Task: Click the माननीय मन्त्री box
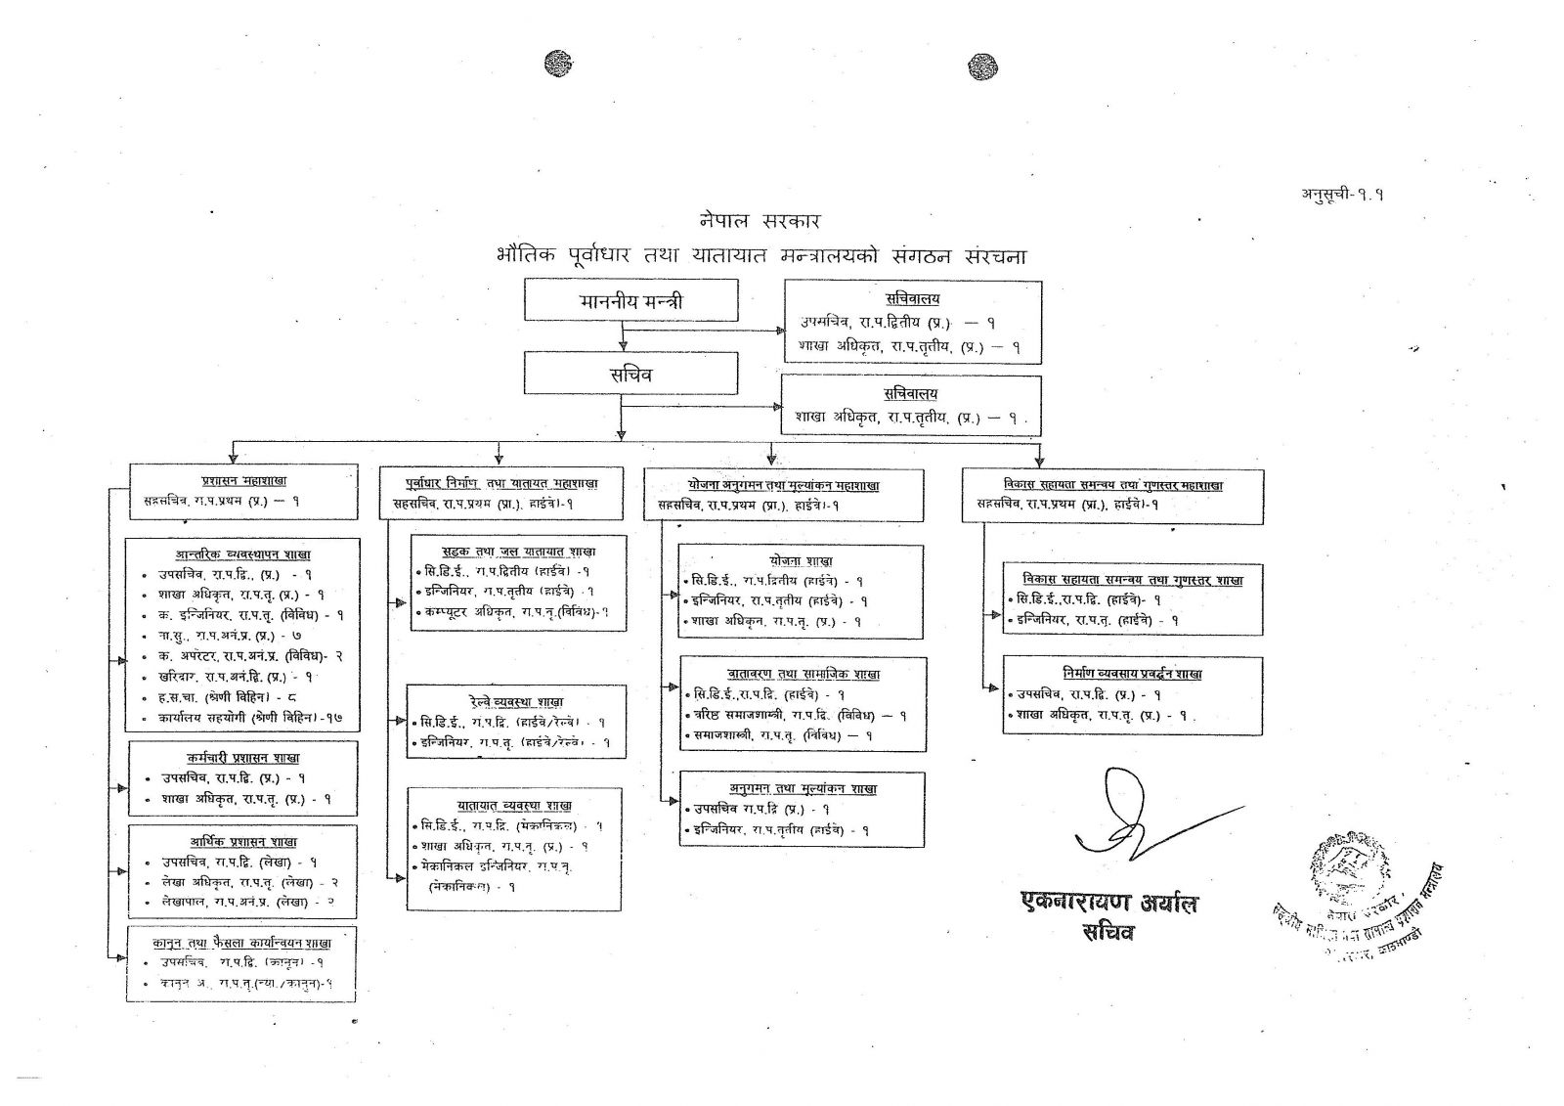pyautogui.click(x=630, y=300)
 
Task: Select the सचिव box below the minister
pyautogui.click(x=630, y=374)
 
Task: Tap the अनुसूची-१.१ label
pyautogui.click(x=1341, y=194)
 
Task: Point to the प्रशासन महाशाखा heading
pyautogui.click(x=243, y=481)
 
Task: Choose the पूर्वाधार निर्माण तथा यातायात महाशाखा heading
pyautogui.click(x=500, y=483)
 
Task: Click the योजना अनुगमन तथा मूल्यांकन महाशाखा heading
pyautogui.click(x=783, y=485)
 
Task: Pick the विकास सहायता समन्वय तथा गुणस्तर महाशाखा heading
pyautogui.click(x=1113, y=485)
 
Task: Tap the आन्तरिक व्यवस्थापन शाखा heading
pyautogui.click(x=243, y=553)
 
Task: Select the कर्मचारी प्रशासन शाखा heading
pyautogui.click(x=243, y=758)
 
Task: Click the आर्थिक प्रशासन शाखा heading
pyautogui.click(x=243, y=842)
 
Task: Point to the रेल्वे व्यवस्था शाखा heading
pyautogui.click(x=516, y=701)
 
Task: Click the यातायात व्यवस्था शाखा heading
pyautogui.click(x=514, y=805)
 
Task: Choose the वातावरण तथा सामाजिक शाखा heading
pyautogui.click(x=803, y=674)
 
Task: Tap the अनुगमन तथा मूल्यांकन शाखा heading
pyautogui.click(x=803, y=788)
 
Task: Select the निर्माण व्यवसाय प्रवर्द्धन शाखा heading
pyautogui.click(x=1133, y=674)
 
